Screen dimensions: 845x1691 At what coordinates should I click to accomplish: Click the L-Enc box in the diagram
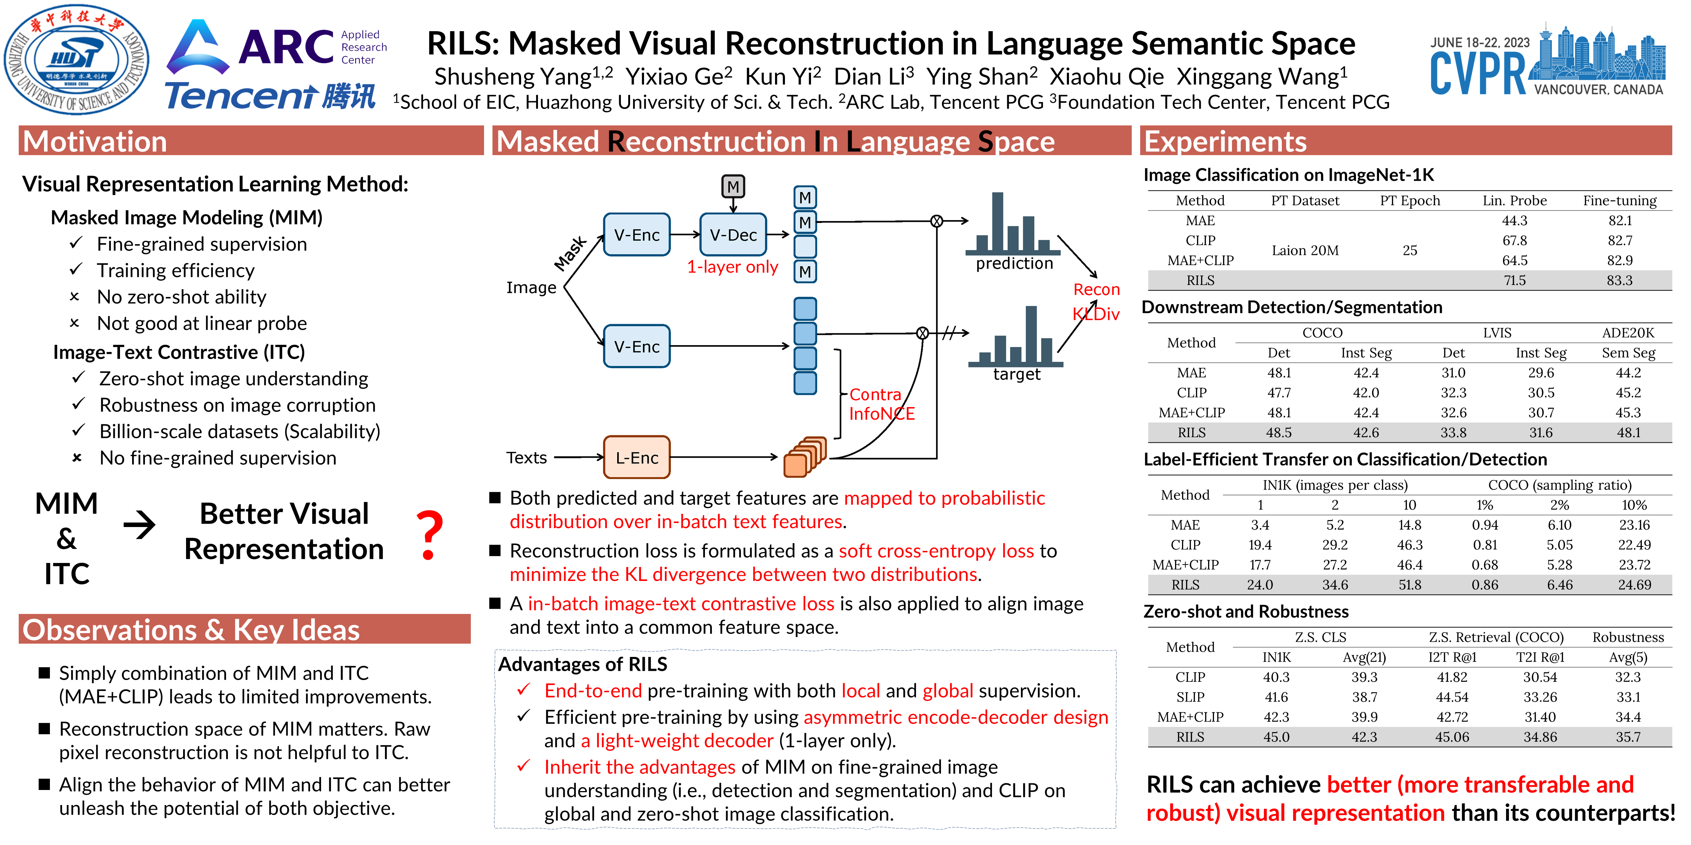[636, 457]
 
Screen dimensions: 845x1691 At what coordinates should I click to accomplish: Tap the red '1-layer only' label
[732, 267]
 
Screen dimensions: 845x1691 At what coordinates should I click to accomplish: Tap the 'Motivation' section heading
[95, 142]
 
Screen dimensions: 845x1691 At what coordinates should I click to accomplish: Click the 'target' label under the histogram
[1016, 374]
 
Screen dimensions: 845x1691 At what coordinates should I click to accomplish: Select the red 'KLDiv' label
[1096, 314]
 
